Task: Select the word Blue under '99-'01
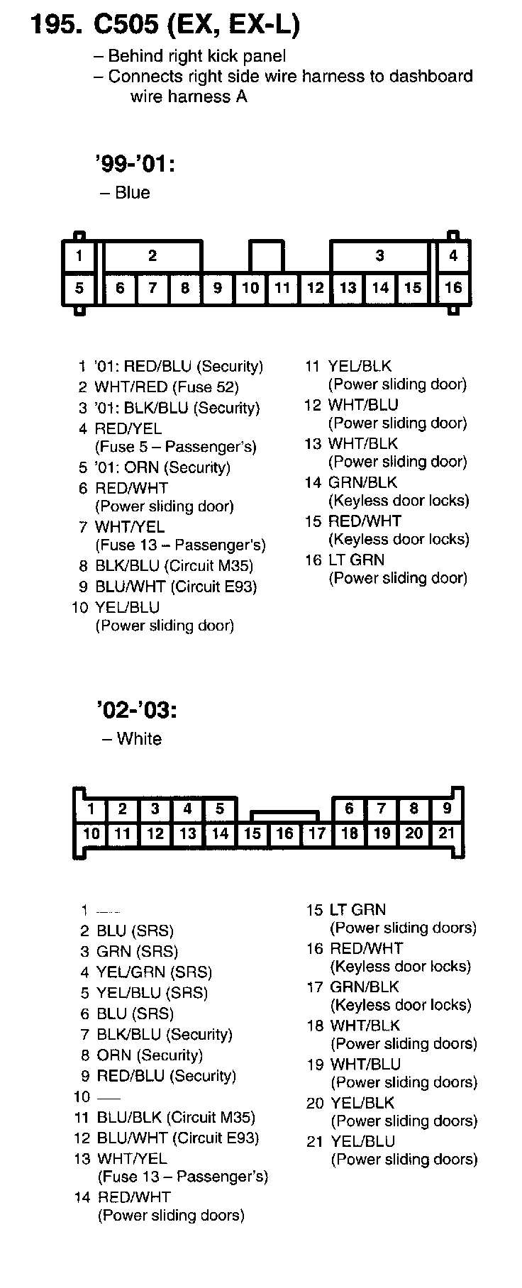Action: [132, 193]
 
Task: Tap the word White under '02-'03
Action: [139, 738]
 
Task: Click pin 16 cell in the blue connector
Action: [452, 287]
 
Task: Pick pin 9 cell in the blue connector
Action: [218, 287]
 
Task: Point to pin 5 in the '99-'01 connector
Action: [79, 287]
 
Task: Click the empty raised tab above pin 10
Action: [267, 256]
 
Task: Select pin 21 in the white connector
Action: [446, 833]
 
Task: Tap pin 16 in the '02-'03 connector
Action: [284, 833]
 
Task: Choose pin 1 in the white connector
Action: [91, 809]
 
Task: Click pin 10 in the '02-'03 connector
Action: [91, 833]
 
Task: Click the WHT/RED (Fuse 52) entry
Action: [167, 387]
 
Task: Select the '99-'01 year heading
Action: [134, 165]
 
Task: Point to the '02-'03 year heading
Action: [135, 710]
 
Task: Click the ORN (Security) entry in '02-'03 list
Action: [150, 1055]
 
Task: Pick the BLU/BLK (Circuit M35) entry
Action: [175, 1117]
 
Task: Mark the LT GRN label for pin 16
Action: [356, 560]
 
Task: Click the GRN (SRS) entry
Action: [137, 951]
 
